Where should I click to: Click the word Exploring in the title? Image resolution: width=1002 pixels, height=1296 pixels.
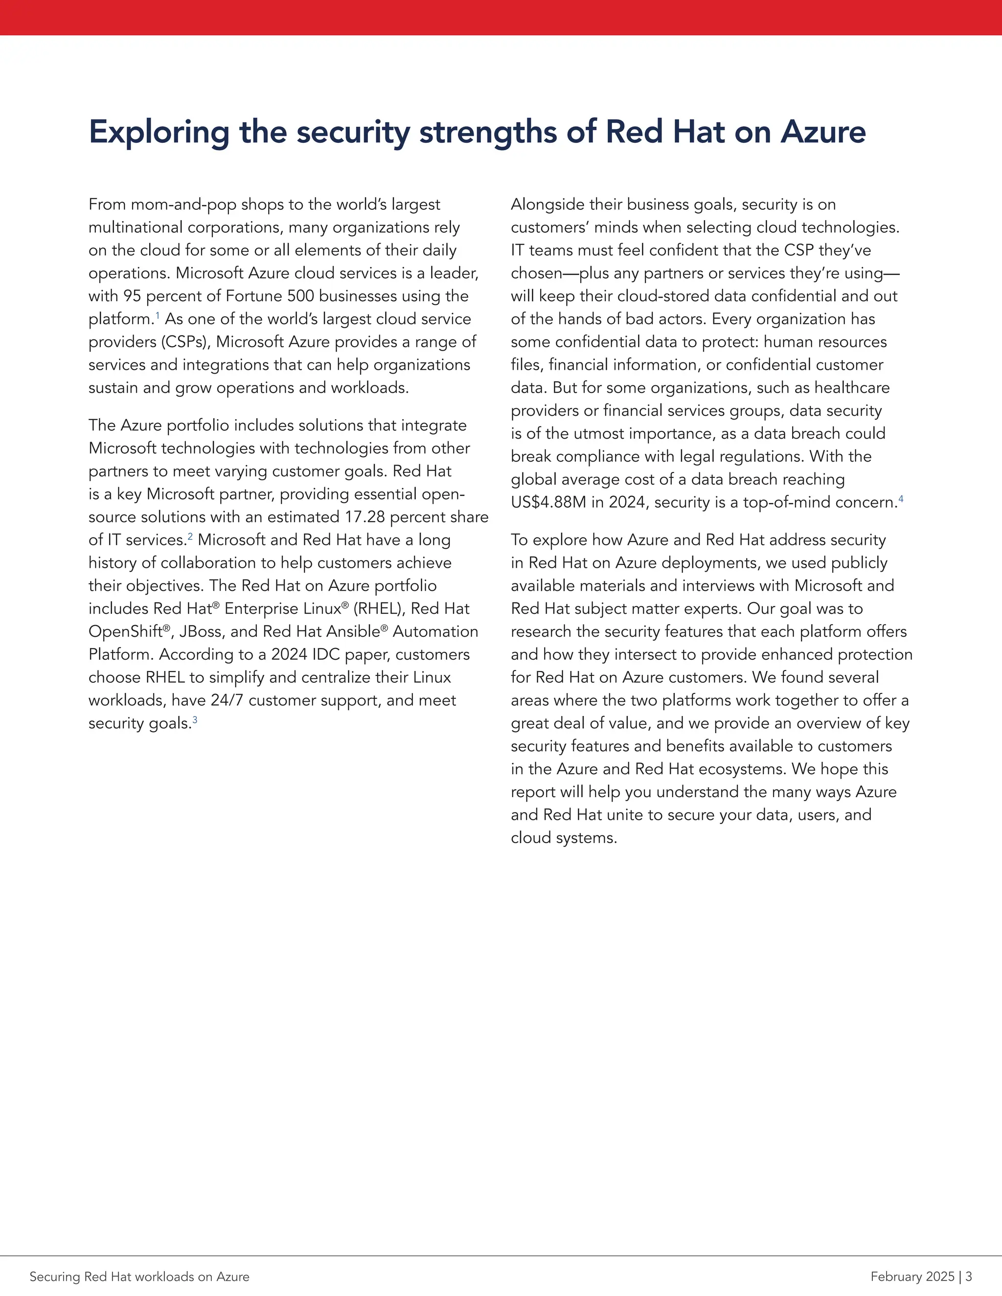[x=159, y=133]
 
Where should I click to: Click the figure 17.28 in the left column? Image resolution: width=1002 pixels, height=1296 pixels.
[x=364, y=517]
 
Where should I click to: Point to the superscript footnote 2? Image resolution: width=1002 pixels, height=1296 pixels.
[x=190, y=536]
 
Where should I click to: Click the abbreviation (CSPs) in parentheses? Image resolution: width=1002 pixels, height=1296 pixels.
[x=184, y=342]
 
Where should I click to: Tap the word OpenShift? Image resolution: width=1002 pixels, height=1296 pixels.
[x=125, y=631]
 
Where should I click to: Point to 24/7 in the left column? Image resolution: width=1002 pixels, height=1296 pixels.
[x=227, y=700]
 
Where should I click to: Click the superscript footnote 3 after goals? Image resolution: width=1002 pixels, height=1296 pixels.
[x=195, y=719]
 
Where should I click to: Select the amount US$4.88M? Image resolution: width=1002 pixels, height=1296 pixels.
[x=548, y=503]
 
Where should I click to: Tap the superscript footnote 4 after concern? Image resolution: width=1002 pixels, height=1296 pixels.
[x=901, y=498]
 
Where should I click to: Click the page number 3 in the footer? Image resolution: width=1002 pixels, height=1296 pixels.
[x=969, y=1276]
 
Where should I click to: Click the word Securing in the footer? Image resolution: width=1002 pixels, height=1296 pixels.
[x=55, y=1276]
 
